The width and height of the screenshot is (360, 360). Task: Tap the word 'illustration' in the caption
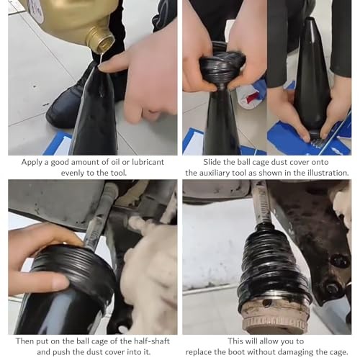pos(323,173)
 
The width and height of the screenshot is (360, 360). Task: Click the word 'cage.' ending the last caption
pos(336,354)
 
